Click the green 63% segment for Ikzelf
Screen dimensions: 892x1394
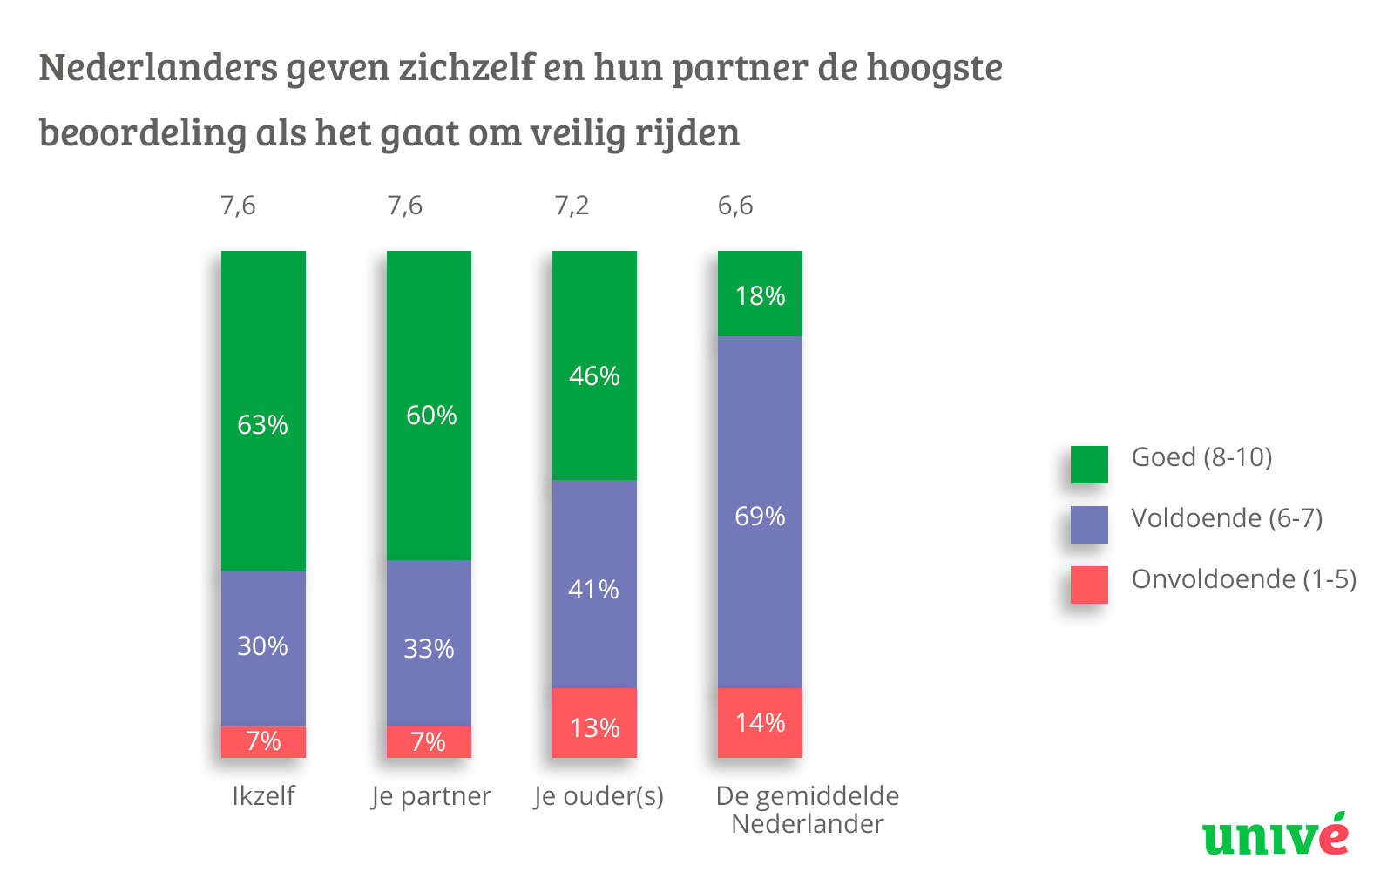click(x=263, y=410)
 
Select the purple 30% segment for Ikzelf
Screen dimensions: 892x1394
click(x=263, y=648)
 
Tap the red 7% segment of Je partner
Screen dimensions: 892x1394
click(x=429, y=741)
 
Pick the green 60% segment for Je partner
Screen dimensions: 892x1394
click(x=429, y=405)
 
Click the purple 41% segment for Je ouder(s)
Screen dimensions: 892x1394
click(x=594, y=584)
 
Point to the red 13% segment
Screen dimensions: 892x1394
click(x=594, y=723)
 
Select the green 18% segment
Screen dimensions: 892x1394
click(x=760, y=294)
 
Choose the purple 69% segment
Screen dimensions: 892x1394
click(x=760, y=512)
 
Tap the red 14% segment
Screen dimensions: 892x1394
click(x=760, y=723)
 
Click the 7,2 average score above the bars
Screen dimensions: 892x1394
click(x=572, y=206)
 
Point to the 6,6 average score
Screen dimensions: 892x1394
click(x=734, y=206)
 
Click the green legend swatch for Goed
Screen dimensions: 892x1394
click(x=1089, y=464)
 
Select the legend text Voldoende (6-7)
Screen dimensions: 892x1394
click(x=1227, y=518)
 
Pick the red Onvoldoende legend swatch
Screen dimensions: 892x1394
click(x=1089, y=585)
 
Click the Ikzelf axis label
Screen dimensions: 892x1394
click(x=263, y=796)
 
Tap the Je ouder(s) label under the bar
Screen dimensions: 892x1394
click(x=599, y=796)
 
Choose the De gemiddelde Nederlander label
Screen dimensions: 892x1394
click(x=808, y=809)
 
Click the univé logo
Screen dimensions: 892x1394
click(x=1276, y=835)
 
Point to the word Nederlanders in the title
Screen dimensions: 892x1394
click(x=158, y=67)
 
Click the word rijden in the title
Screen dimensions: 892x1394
click(x=687, y=133)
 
